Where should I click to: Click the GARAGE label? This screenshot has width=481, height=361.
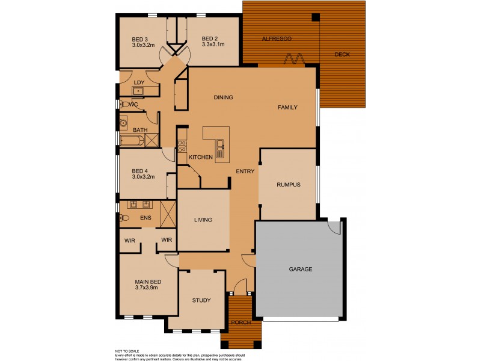[301, 269]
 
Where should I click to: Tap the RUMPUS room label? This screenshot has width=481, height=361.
[288, 185]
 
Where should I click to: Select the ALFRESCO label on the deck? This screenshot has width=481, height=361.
[277, 39]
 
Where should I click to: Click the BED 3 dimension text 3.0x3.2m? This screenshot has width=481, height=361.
[143, 45]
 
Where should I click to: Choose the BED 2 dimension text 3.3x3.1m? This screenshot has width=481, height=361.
[213, 45]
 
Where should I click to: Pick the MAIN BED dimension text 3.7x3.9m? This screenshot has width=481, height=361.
[147, 288]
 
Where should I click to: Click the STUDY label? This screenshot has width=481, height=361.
[201, 300]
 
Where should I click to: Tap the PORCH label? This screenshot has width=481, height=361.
[241, 323]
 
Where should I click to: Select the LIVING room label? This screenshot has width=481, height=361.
[203, 220]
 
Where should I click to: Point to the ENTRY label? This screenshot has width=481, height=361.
[245, 171]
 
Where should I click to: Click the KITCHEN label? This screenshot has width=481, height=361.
[201, 157]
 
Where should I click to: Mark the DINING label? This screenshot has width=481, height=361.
[223, 97]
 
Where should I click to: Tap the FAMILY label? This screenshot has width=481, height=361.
[287, 107]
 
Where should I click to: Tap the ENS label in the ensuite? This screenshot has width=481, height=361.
[146, 217]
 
